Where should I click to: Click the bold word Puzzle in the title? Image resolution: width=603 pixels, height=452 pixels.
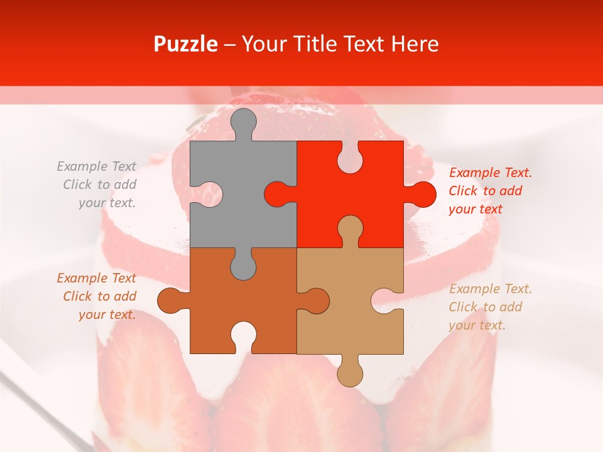185,44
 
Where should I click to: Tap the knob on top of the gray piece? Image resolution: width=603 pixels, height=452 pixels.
244,122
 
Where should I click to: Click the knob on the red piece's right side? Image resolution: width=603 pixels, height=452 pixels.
422,194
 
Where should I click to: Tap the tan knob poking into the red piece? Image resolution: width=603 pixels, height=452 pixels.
350,229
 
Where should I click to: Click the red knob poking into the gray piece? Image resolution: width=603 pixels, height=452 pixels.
276,194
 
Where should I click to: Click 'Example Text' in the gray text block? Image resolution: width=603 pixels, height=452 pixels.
96,166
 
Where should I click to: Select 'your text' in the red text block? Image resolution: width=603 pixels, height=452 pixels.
475,209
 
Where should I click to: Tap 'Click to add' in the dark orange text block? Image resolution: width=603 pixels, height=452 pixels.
99,296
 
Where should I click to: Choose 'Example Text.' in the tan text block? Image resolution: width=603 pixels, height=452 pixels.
490,289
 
